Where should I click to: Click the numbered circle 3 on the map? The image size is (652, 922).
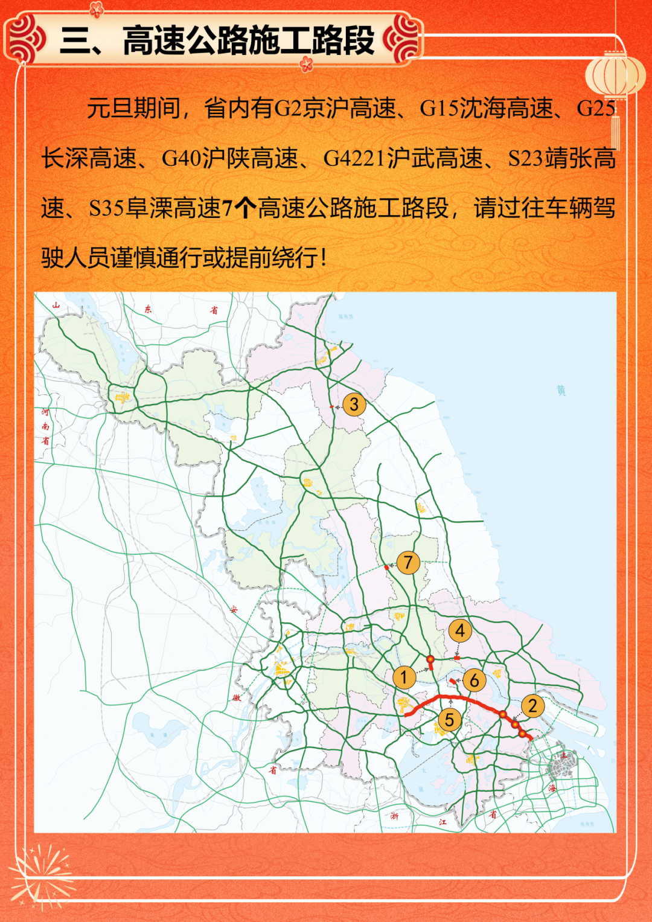click(354, 404)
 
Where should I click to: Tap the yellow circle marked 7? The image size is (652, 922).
click(408, 562)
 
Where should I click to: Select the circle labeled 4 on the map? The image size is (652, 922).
click(460, 631)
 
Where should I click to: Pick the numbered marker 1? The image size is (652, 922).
click(403, 677)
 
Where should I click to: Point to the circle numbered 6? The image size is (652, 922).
click(475, 680)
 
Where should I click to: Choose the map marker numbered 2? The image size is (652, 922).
click(532, 705)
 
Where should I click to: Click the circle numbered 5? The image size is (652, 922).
click(449, 719)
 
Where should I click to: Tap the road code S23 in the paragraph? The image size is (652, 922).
click(525, 159)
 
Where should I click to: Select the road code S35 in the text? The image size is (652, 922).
click(106, 209)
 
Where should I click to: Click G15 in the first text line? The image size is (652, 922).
click(439, 109)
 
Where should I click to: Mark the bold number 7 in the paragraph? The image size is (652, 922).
click(228, 209)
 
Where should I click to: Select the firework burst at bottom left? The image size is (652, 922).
click(41, 874)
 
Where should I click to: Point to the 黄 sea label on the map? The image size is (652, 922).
click(561, 391)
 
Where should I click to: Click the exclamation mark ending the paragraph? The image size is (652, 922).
click(324, 258)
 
